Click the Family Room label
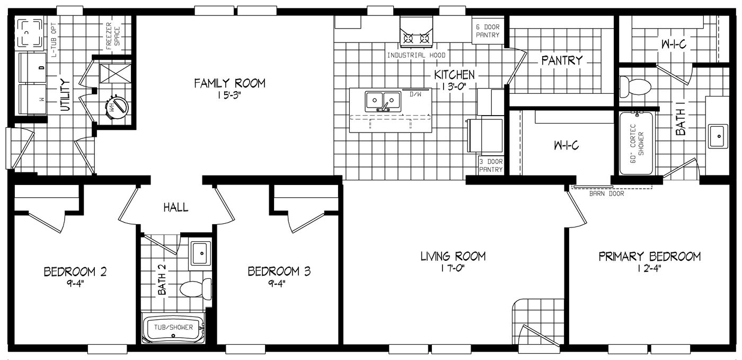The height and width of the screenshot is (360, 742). click(229, 83)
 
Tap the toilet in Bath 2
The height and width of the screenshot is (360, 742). click(197, 288)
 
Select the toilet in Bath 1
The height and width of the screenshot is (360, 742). click(635, 87)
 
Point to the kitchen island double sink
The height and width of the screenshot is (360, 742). click(383, 101)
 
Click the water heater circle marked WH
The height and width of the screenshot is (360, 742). click(117, 107)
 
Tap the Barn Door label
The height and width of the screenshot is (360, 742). click(606, 194)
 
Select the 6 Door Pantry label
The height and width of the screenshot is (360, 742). click(488, 31)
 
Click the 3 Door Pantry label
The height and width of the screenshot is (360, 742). click(491, 165)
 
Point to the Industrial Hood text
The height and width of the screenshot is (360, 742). click(417, 55)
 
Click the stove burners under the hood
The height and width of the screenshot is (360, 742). click(417, 39)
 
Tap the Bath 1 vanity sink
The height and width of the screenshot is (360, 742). click(718, 136)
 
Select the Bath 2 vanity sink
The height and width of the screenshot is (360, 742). click(201, 253)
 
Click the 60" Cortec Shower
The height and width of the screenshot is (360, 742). click(636, 144)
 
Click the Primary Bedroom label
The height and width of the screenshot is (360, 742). click(649, 256)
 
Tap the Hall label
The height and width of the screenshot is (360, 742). click(176, 207)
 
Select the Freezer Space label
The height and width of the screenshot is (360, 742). click(112, 36)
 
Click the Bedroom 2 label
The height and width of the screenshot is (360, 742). click(75, 272)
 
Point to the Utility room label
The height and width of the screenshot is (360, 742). click(65, 95)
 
